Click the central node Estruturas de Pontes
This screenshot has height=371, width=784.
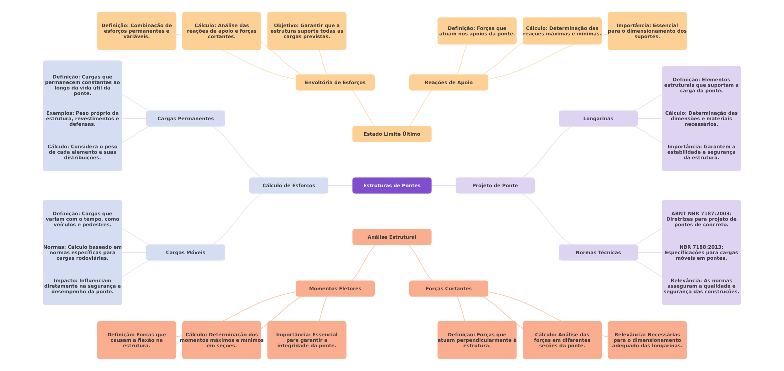pyautogui.click(x=392, y=185)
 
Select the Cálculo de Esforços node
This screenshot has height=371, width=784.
pyautogui.click(x=289, y=185)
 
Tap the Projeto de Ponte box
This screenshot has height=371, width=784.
pyautogui.click(x=495, y=185)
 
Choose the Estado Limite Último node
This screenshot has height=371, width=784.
pyautogui.click(x=392, y=134)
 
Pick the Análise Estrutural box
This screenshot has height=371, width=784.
pyautogui.click(x=392, y=237)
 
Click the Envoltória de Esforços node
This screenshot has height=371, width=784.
pyautogui.click(x=335, y=82)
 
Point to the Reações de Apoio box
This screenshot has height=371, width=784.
pyautogui.click(x=449, y=82)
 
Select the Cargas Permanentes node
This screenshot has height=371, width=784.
pyautogui.click(x=186, y=119)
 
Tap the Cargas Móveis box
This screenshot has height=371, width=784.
pyautogui.click(x=186, y=252)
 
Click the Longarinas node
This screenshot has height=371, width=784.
pyautogui.click(x=598, y=119)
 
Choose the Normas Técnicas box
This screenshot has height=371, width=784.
pyautogui.click(x=598, y=252)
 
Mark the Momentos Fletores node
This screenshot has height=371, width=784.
pyautogui.click(x=335, y=289)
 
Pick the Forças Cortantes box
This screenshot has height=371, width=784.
pyautogui.click(x=449, y=289)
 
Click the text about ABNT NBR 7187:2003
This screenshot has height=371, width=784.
pyautogui.click(x=701, y=219)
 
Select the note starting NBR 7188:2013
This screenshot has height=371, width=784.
pyautogui.click(x=701, y=252)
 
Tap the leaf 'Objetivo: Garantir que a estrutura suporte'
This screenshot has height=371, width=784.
pyautogui.click(x=307, y=31)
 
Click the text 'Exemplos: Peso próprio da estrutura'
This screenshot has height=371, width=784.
pyautogui.click(x=83, y=119)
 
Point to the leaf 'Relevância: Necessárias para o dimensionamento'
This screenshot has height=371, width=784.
pyautogui.click(x=647, y=340)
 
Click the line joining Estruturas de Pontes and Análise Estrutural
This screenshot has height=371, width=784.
pyautogui.click(x=392, y=211)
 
